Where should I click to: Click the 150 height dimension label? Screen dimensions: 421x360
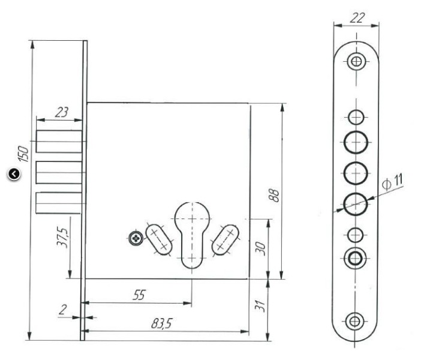point(23,154)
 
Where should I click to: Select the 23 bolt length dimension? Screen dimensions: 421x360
point(62,112)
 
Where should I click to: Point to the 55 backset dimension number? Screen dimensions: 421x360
point(139,295)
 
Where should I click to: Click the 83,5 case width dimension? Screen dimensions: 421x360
point(161,323)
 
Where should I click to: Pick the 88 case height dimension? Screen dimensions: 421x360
point(274,196)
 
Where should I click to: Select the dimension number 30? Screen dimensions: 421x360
point(260,248)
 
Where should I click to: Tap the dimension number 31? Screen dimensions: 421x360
point(260,305)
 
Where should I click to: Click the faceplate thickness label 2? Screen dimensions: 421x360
point(62,310)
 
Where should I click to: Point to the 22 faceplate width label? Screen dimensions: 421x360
point(357,18)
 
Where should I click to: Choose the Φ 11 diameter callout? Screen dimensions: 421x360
point(393,182)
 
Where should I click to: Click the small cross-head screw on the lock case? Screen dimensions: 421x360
point(136,238)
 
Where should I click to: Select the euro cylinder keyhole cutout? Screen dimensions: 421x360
point(192,235)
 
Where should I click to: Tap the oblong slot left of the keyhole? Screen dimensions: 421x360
point(159,239)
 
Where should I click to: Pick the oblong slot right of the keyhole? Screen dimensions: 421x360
point(225,240)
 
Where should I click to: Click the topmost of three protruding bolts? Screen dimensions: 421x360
point(59,142)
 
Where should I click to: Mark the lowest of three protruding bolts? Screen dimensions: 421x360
point(59,203)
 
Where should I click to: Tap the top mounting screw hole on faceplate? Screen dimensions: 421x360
point(356,62)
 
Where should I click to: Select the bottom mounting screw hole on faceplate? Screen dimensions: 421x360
point(354,321)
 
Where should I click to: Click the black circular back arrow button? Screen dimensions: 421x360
point(14,174)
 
